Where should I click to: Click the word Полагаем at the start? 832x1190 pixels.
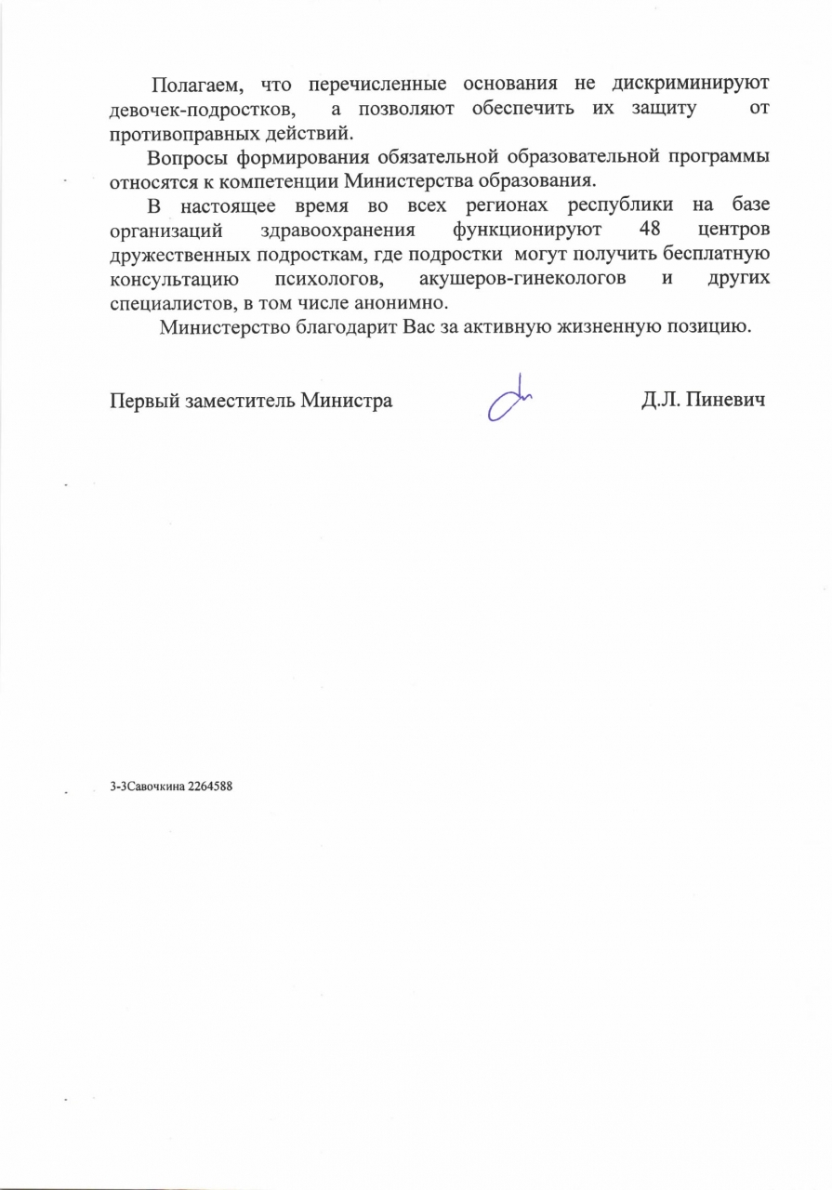coord(194,85)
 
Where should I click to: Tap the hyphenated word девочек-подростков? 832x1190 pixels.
coord(202,109)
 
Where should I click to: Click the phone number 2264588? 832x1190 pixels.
coord(209,787)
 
